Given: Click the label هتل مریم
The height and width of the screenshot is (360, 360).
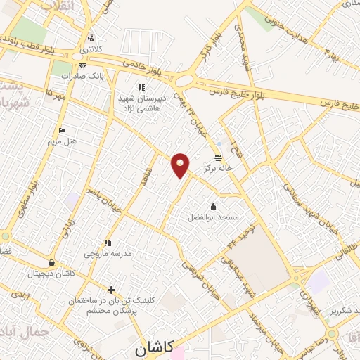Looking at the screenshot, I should pos(62,141).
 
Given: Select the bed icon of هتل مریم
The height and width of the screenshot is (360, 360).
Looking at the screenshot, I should pos(62,130).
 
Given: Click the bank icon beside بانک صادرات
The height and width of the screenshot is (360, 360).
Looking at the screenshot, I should pos(83,65).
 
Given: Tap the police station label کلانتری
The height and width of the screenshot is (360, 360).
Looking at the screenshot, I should pos(90,49).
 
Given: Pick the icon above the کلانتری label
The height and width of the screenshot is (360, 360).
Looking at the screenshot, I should pos(90,38).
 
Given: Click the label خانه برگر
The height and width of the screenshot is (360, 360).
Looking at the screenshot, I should pos(218,168).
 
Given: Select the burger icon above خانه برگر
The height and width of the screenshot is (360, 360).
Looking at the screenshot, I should pos(218,157).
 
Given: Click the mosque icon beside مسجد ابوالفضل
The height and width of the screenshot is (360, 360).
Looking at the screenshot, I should pos(214,206).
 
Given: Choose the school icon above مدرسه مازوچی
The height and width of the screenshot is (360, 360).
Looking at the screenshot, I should pos(107,241).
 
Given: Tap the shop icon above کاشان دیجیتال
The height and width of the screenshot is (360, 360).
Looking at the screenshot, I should pos(51,263).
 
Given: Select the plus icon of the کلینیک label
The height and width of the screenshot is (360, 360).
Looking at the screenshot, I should pos(110,289).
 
